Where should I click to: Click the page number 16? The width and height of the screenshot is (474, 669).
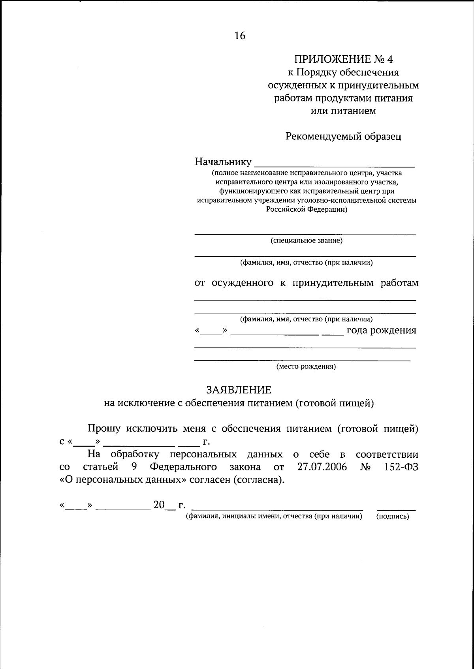tap(240, 36)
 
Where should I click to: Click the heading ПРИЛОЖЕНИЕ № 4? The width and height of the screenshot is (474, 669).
tap(344, 59)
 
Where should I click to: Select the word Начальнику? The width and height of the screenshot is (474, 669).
tap(223, 162)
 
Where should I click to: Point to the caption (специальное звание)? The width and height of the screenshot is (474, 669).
tap(306, 241)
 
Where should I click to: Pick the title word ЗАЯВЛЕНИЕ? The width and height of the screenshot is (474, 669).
tap(239, 390)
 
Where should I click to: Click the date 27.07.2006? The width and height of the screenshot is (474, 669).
tap(322, 467)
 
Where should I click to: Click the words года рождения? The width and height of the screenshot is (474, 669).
tap(381, 331)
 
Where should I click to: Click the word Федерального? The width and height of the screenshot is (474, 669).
tap(183, 467)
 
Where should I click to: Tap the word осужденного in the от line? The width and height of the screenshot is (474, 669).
tap(243, 283)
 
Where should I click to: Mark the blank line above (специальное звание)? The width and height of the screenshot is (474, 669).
tap(305, 234)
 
